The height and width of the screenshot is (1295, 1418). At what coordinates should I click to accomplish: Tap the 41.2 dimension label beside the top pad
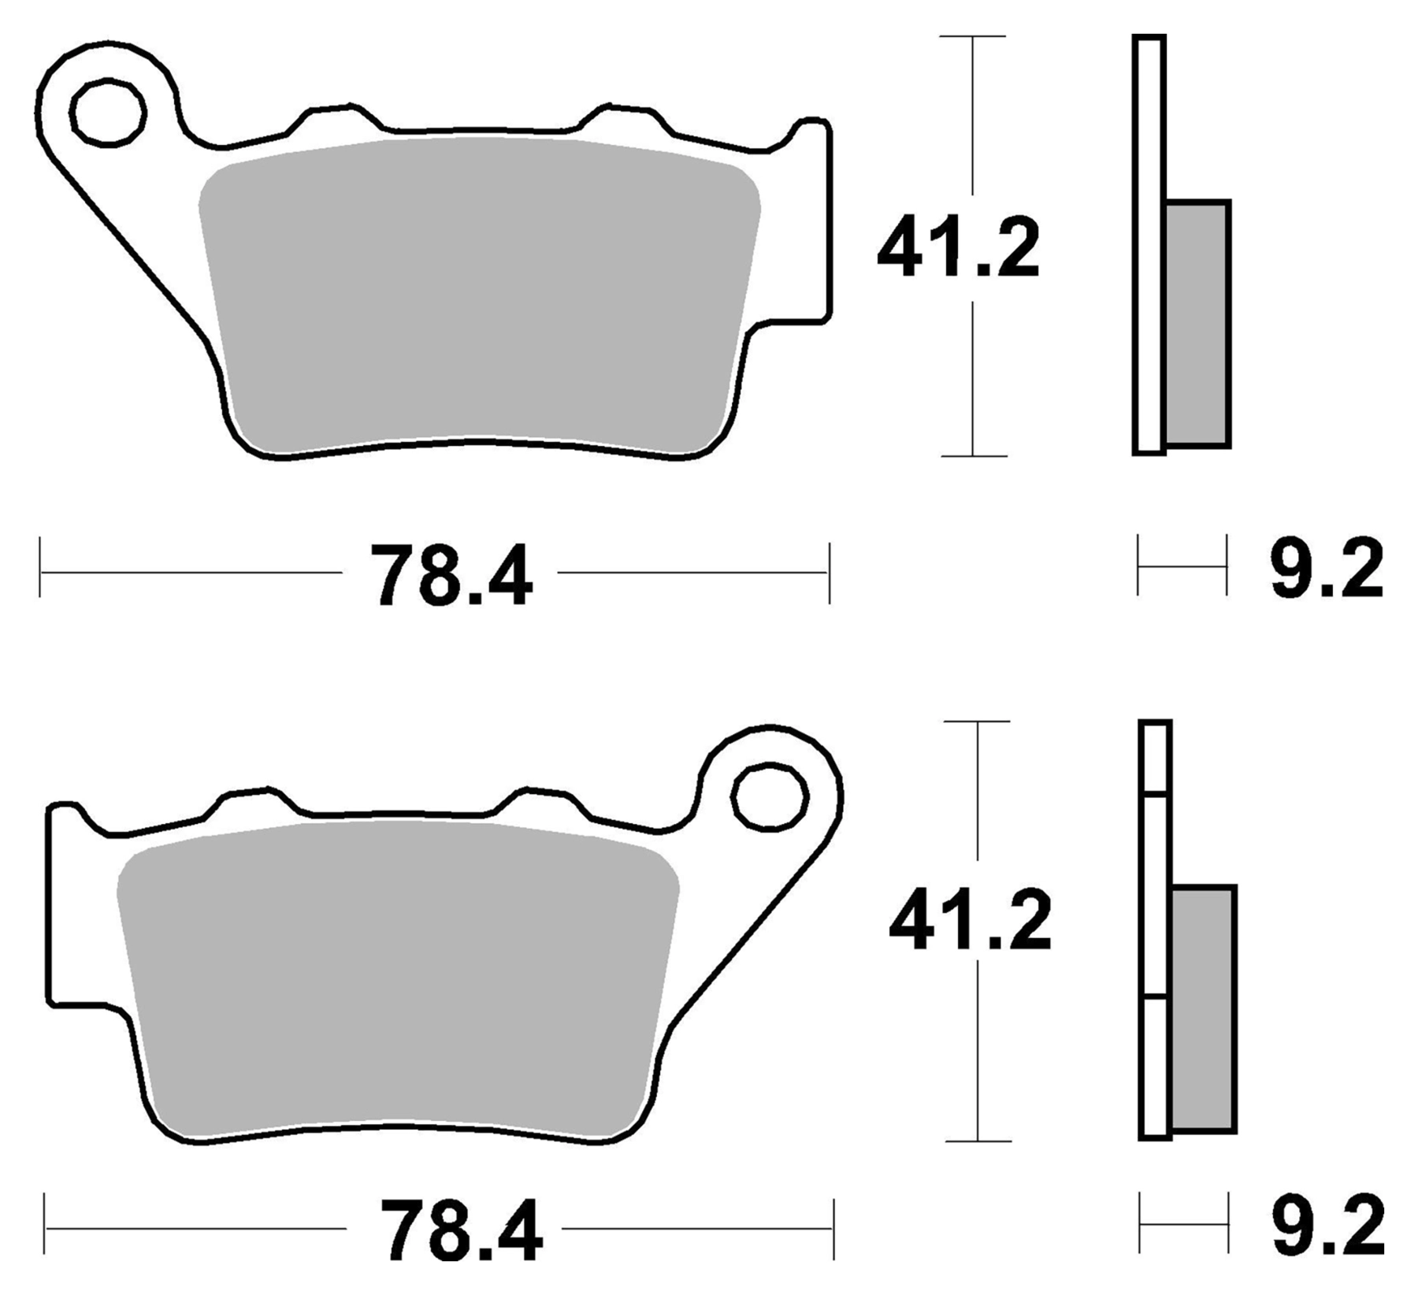pos(958,248)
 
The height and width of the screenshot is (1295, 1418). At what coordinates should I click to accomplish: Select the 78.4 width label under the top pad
pos(451,574)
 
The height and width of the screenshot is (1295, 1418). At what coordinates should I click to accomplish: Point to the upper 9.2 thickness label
pos(1327,569)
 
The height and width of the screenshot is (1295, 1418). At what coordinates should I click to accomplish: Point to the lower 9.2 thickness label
pos(1328,1226)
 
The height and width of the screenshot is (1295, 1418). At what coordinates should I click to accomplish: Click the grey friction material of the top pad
pos(479,295)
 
